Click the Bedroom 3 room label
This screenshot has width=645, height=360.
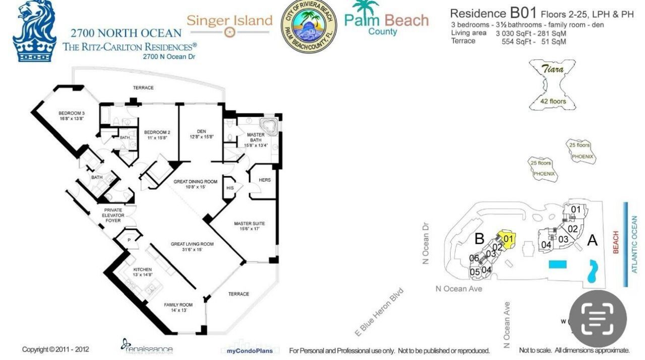pos(71,113)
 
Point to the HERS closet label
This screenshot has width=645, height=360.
pos(264,180)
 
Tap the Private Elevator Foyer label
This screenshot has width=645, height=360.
pos(113,215)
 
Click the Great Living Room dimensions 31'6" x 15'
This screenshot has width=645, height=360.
pos(192,250)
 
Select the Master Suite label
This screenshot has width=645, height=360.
pos(249,223)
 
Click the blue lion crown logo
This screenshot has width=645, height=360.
pos(34,31)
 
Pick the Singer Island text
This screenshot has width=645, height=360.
pos(229,21)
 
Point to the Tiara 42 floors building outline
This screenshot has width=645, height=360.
pos(552,85)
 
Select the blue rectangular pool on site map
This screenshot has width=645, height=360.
pos(557,265)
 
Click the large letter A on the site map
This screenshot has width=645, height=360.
pos(592,241)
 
